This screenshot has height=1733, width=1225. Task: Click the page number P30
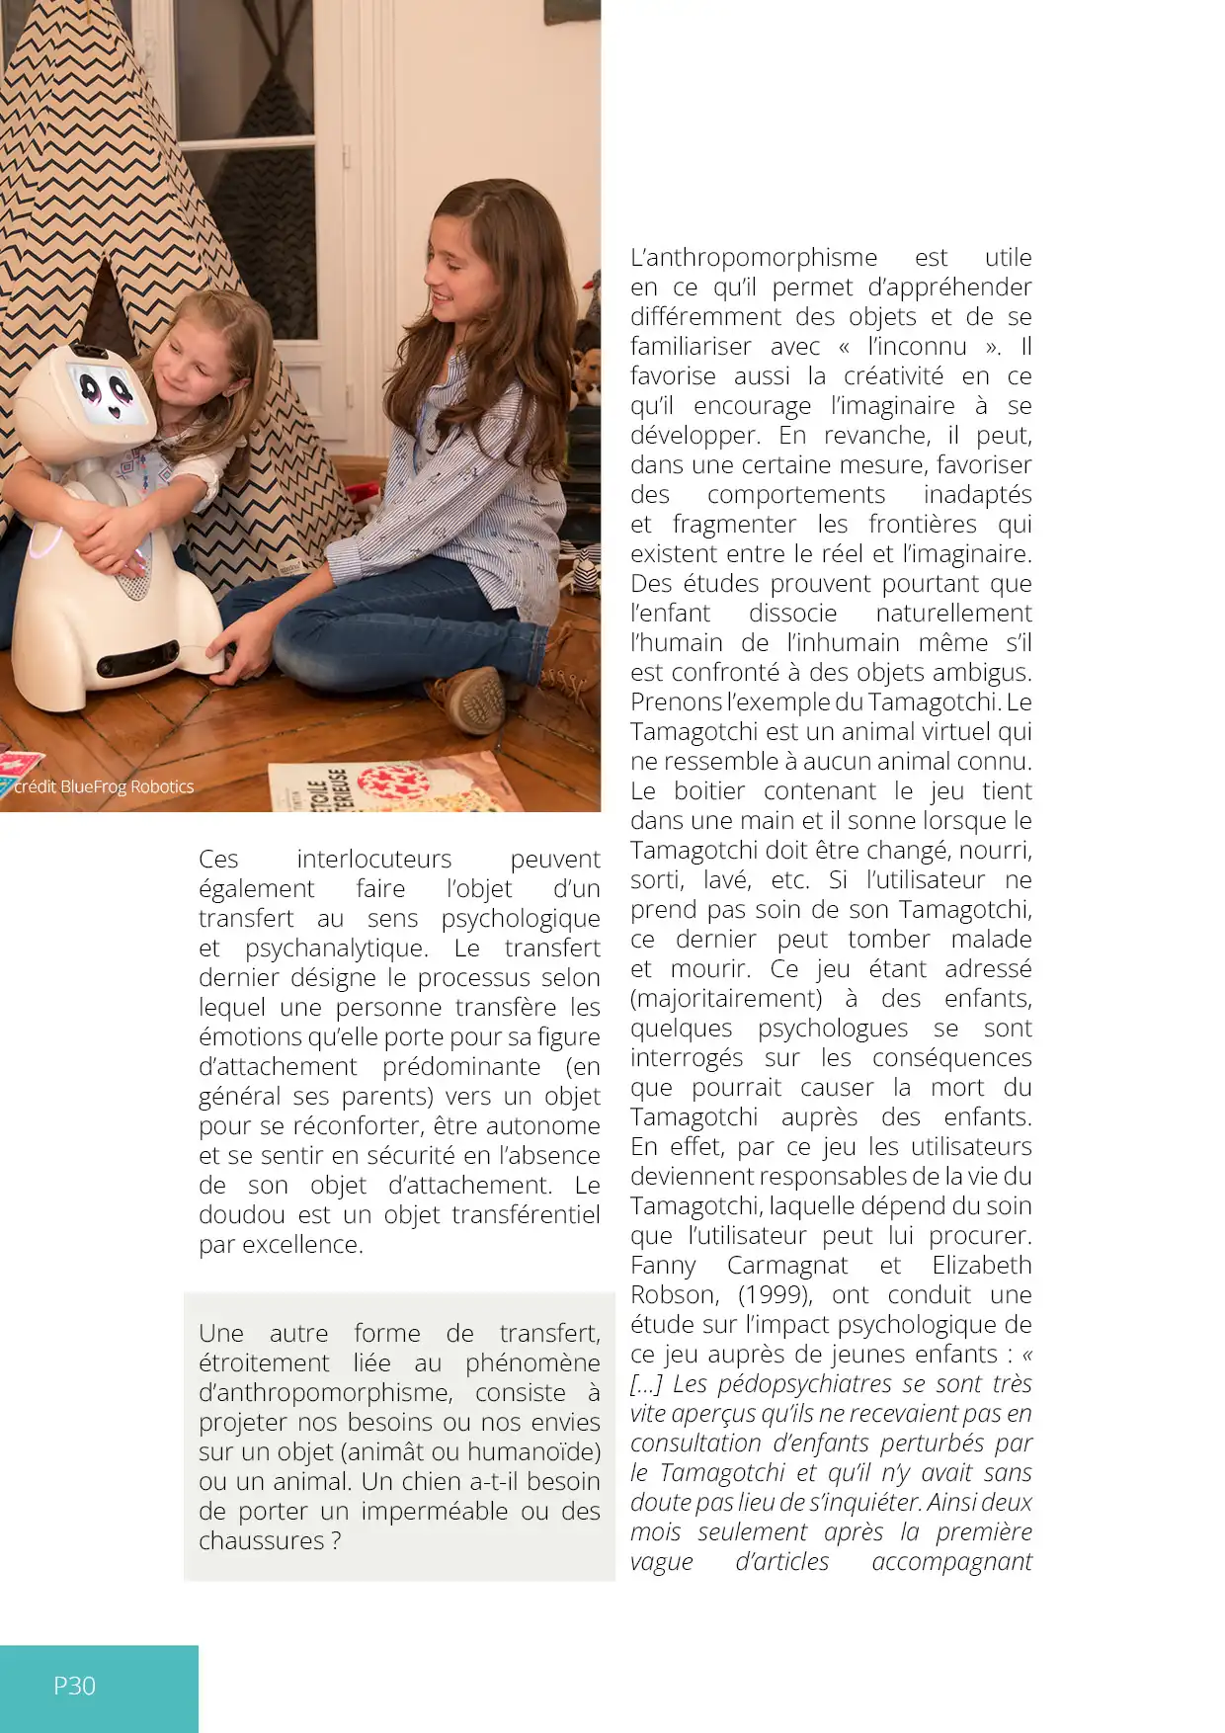74,1686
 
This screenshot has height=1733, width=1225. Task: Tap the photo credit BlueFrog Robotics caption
104,786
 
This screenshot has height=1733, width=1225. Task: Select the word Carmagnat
786,1265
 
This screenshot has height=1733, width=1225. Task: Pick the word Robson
674,1294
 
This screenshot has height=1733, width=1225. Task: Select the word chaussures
261,1540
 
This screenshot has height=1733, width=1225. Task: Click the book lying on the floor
395,785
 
